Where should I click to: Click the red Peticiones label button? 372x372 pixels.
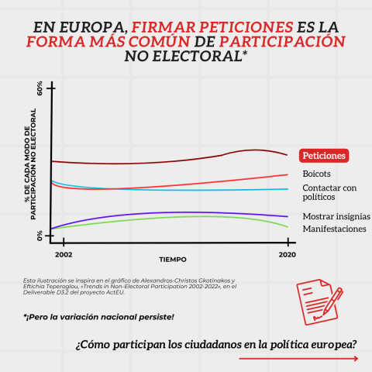click(324, 156)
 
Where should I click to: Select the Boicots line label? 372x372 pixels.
click(317, 174)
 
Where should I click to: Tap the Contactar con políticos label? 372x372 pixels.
click(329, 192)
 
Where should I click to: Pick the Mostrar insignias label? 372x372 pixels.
click(336, 216)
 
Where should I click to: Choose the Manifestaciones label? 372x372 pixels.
click(333, 229)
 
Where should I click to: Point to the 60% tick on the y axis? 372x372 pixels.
click(40, 89)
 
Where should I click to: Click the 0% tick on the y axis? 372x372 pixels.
click(40, 234)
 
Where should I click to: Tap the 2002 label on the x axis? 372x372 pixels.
click(64, 253)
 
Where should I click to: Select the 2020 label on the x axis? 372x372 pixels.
click(288, 253)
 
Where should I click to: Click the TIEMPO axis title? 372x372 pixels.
click(173, 259)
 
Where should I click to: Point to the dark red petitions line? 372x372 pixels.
click(155, 162)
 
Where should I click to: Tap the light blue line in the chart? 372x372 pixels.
click(194, 190)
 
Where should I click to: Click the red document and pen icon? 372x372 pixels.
click(319, 298)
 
